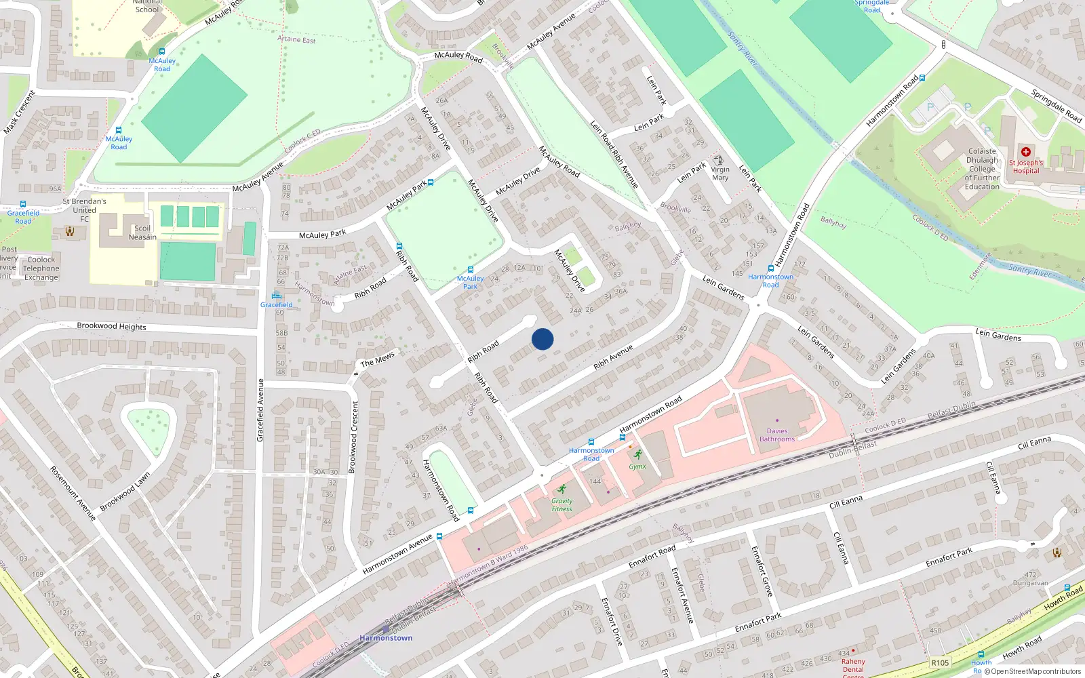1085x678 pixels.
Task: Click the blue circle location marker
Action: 542,339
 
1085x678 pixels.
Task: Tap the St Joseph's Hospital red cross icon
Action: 1025,152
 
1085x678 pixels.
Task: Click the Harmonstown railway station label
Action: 386,638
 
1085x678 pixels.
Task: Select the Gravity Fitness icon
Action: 561,490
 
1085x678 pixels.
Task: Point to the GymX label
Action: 637,466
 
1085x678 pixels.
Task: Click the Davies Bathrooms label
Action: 777,435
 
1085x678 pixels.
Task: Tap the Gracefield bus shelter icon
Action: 276,296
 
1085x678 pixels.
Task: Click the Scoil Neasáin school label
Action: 143,233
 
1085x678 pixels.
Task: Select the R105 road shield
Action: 940,662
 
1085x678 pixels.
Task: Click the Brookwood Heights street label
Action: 111,326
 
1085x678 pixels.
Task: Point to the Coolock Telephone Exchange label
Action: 41,268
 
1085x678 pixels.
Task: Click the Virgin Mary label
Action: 720,174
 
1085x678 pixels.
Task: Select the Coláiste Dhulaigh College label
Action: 982,169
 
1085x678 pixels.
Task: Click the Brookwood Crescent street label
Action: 353,437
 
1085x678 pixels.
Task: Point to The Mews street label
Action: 377,359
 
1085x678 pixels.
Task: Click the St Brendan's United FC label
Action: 85,210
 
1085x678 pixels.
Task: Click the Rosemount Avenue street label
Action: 73,493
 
